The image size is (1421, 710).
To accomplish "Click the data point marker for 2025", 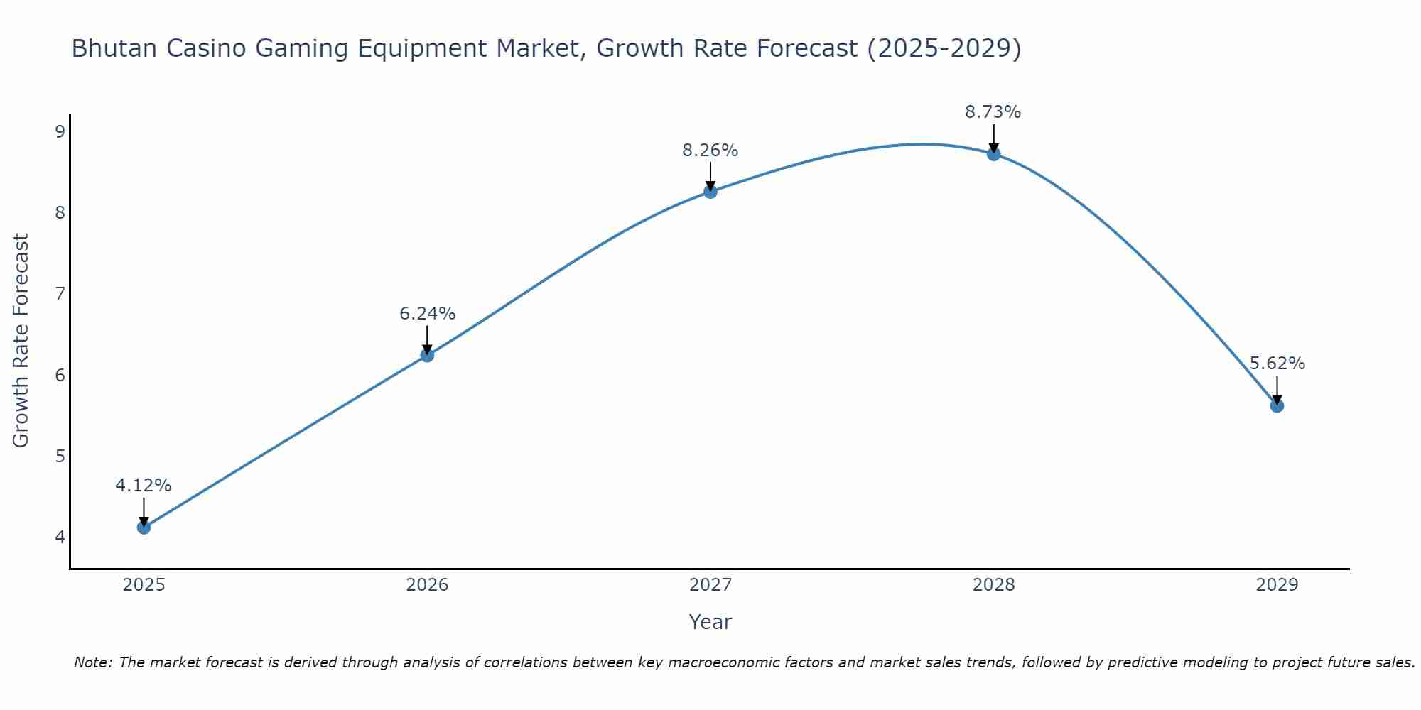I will (x=144, y=527).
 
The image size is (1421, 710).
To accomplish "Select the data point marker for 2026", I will (x=427, y=355).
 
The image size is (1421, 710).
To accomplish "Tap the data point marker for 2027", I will (x=710, y=191).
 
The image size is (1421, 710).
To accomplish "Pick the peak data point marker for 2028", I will (x=993, y=153).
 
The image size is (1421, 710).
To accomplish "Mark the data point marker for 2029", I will (x=1277, y=405).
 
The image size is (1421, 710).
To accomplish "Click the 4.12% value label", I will (x=144, y=486).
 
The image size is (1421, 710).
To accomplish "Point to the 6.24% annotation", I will (x=427, y=314).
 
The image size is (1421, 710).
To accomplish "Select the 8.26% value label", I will (x=710, y=151).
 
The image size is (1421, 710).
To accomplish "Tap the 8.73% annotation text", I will (x=993, y=112).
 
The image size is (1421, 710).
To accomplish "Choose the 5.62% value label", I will (x=1277, y=364).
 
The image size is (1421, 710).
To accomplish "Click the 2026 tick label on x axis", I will (x=427, y=585).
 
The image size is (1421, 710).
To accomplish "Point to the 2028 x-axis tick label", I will (x=993, y=585).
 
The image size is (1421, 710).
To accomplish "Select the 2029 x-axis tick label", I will (x=1277, y=585).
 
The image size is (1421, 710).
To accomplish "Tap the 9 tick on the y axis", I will (x=60, y=131).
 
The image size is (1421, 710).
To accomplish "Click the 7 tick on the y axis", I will (x=60, y=293).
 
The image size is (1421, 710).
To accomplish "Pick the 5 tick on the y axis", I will (x=60, y=456).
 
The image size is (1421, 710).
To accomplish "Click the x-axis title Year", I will (x=710, y=622).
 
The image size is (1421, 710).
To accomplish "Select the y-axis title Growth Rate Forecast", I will (x=21, y=341).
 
